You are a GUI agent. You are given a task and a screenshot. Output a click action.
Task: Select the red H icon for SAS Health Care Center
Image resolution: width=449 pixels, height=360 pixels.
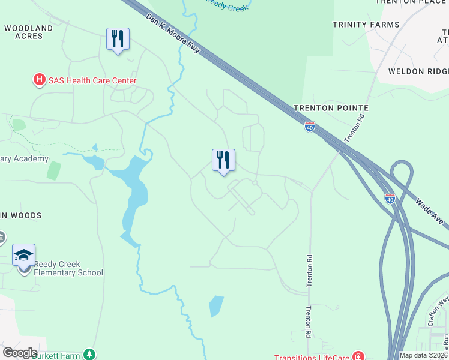39,79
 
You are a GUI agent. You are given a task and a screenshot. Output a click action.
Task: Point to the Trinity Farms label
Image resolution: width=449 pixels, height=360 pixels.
366,25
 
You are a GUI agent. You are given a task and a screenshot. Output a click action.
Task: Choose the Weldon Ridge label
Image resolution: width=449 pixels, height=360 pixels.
414,71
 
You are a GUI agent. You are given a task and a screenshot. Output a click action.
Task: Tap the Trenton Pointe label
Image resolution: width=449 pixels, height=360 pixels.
331,108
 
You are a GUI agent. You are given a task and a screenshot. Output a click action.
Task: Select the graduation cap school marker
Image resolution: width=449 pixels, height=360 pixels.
24,256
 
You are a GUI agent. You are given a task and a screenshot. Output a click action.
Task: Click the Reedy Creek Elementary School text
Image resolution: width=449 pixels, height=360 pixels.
68,268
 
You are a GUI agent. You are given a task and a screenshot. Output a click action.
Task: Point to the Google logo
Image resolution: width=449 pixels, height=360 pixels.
20,353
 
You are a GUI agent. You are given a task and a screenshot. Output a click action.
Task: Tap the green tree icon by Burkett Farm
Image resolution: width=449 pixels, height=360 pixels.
89,355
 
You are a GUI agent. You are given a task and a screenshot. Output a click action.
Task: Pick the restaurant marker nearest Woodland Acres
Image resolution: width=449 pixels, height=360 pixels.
117,40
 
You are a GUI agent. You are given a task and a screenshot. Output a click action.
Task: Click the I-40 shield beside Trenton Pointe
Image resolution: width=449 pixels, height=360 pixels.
309,127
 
